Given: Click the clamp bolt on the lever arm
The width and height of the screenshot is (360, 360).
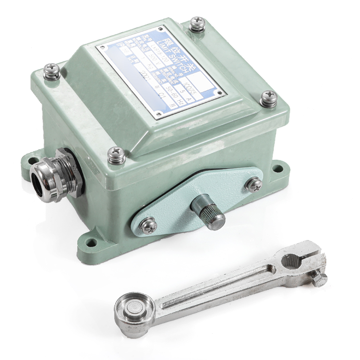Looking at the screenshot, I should (319, 278).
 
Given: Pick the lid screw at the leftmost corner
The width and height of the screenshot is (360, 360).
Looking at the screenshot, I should (51, 71).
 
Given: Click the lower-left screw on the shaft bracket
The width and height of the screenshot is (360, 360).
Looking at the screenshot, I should (148, 223).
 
